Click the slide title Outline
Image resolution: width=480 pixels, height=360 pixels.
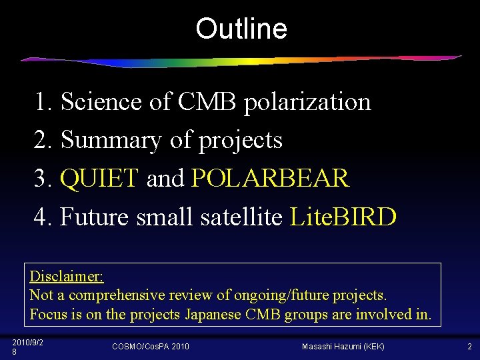click(x=241, y=29)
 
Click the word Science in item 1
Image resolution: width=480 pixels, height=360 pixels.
click(x=101, y=102)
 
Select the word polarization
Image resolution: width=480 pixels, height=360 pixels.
click(x=307, y=102)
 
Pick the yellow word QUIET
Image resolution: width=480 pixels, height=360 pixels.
click(x=99, y=178)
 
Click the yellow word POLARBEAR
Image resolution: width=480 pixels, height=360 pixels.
click(x=269, y=178)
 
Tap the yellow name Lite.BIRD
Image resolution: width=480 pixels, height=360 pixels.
click(x=343, y=216)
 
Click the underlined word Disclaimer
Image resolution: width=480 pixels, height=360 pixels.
click(x=67, y=276)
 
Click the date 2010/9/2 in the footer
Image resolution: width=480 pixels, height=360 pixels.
click(x=28, y=342)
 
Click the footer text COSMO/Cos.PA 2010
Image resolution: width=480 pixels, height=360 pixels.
click(x=150, y=347)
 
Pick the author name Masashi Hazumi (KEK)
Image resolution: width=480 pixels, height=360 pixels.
click(x=343, y=347)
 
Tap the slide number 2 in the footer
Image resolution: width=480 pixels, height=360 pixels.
click(x=469, y=347)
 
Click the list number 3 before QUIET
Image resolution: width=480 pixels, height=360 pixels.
click(x=41, y=178)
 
